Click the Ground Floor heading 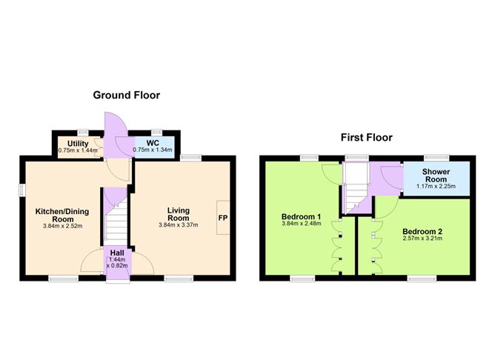click(126, 96)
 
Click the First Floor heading click(366, 137)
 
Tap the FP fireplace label click(222, 219)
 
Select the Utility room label click(78, 142)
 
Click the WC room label click(153, 142)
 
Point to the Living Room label click(179, 214)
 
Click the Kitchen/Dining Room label click(64, 214)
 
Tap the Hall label click(116, 253)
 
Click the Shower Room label click(436, 173)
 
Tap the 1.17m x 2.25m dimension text click(436, 185)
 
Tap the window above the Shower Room click(435, 156)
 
